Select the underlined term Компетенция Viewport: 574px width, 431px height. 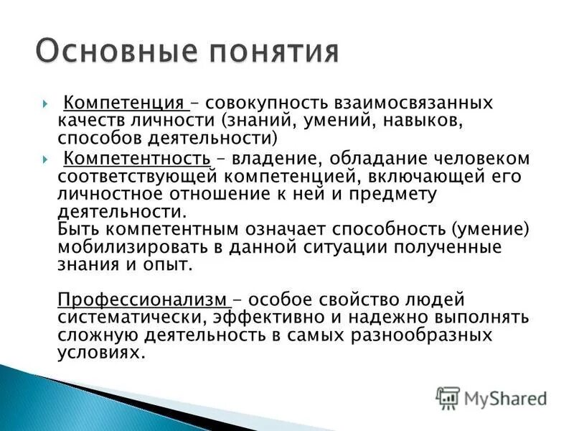pyautogui.click(x=126, y=103)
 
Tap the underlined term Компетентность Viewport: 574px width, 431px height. pyautogui.click(x=137, y=157)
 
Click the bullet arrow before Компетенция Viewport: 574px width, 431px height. pyautogui.click(x=44, y=103)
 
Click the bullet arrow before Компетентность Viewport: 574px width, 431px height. pyautogui.click(x=44, y=158)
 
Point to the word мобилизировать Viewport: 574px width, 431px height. pyautogui.click(x=130, y=246)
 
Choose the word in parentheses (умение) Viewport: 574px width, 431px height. pyautogui.click(x=490, y=228)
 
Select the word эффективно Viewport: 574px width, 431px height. pyautogui.click(x=265, y=316)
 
